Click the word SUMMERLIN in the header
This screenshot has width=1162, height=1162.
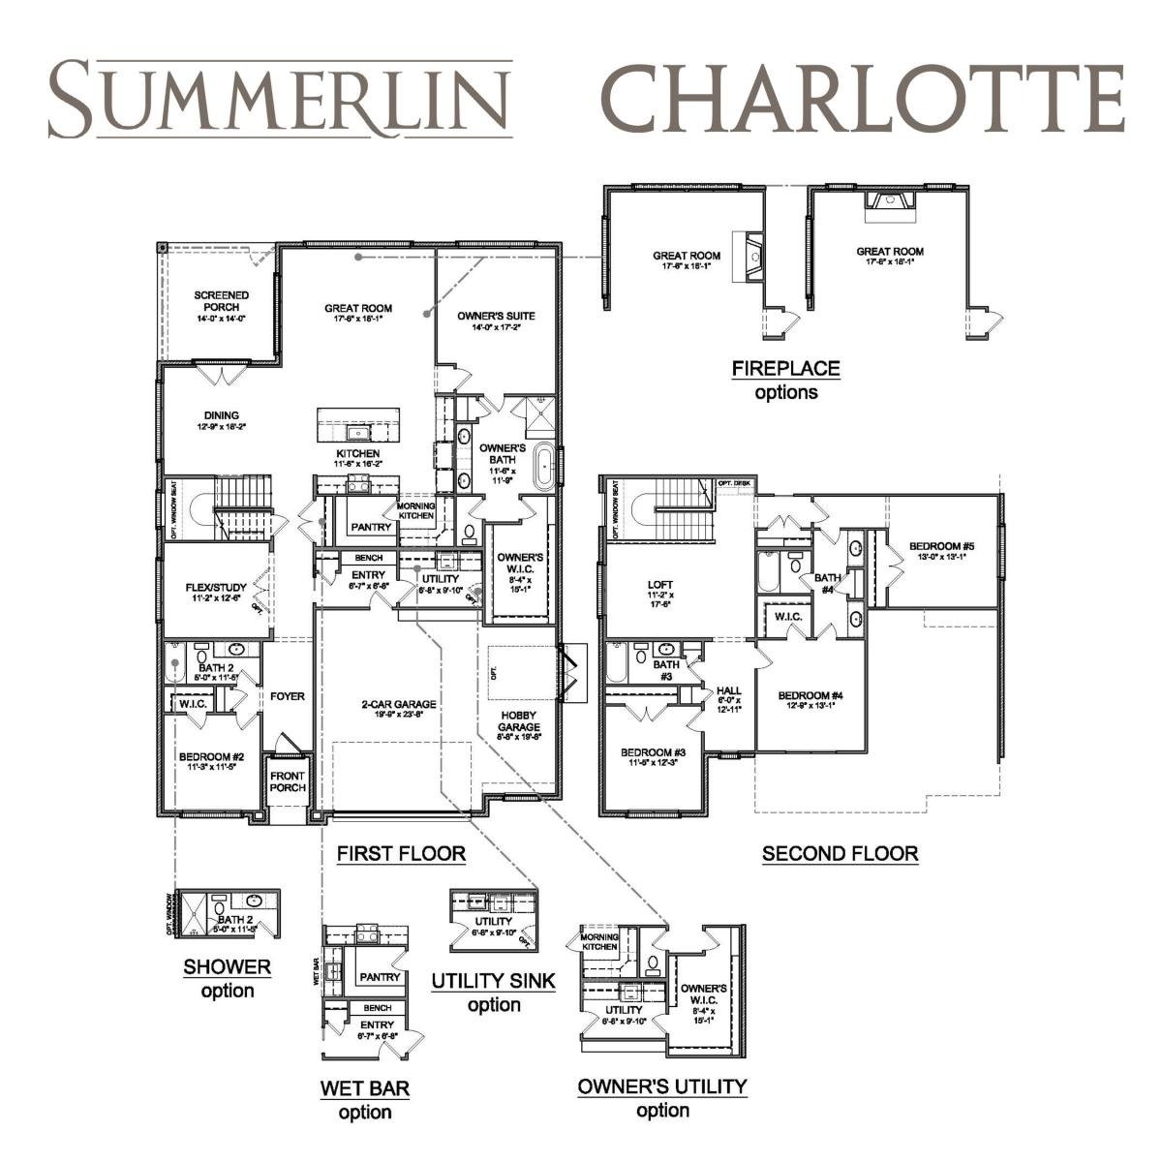pyautogui.click(x=280, y=100)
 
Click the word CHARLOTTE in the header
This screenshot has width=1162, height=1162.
pyautogui.click(x=862, y=100)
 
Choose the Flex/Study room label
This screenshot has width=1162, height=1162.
pyautogui.click(x=216, y=592)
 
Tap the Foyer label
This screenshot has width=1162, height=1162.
pyautogui.click(x=288, y=696)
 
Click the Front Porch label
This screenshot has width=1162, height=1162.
pyautogui.click(x=288, y=781)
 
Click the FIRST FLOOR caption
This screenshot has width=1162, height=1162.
pyautogui.click(x=401, y=854)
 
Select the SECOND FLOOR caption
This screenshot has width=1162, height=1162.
pyautogui.click(x=840, y=854)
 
